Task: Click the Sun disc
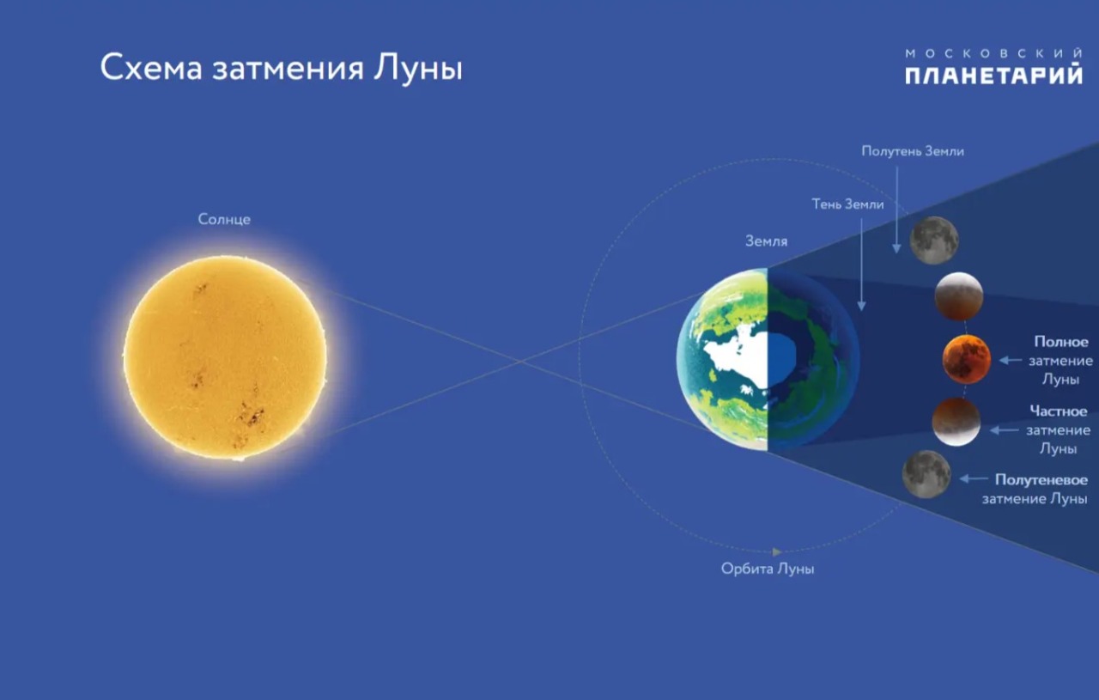(225, 358)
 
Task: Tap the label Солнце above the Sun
(224, 219)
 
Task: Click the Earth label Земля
(767, 241)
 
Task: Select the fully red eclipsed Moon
(966, 360)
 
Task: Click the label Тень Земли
(847, 204)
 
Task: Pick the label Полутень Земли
(913, 151)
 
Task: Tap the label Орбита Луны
(768, 569)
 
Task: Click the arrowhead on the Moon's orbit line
(777, 551)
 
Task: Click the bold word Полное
(1060, 342)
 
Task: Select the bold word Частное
(1059, 411)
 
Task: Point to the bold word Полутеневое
(1041, 479)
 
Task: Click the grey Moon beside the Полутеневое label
(926, 474)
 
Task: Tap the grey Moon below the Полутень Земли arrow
(934, 240)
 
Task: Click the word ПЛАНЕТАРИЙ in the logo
(993, 76)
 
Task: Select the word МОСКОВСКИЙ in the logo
(993, 53)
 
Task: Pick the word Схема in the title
(151, 68)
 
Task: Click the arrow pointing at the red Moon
(1011, 361)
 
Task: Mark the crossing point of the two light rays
(521, 362)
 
